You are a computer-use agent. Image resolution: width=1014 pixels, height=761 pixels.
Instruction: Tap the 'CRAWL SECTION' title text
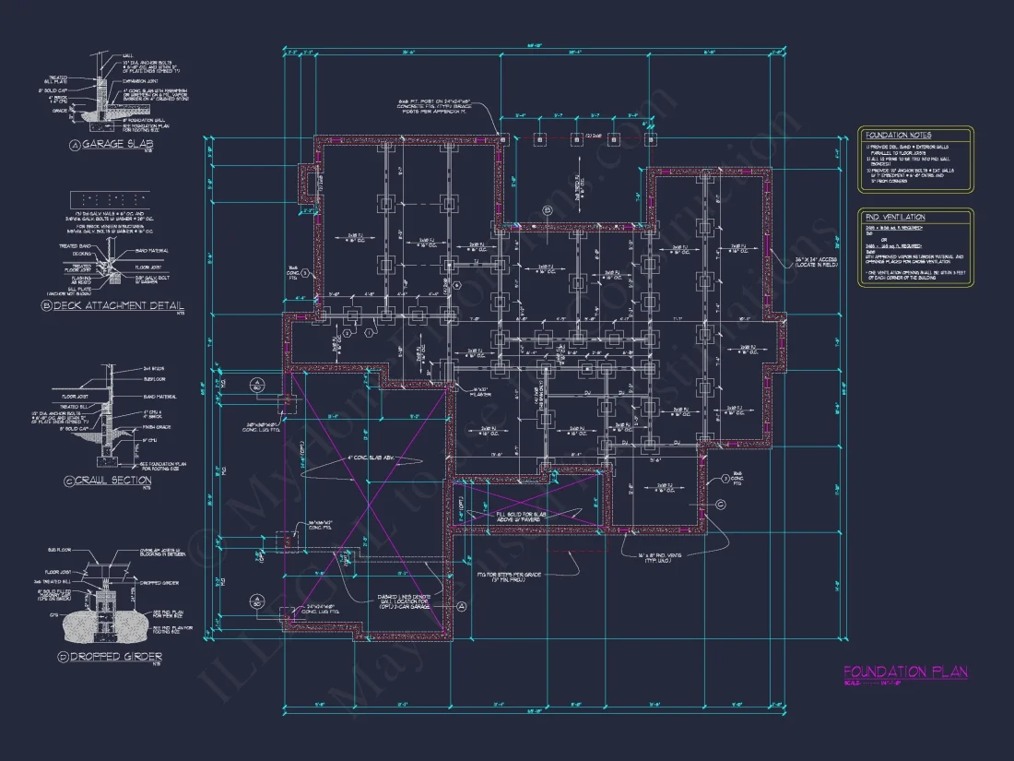[114, 481]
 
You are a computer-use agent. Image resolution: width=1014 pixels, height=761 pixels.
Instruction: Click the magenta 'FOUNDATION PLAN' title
[905, 672]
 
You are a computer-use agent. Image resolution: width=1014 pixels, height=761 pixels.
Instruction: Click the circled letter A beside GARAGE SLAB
[75, 145]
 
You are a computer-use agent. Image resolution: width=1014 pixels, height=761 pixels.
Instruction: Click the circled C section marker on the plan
[721, 504]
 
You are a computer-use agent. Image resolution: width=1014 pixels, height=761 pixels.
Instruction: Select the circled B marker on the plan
[546, 211]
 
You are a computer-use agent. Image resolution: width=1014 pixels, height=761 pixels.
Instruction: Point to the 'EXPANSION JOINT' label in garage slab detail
[141, 80]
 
